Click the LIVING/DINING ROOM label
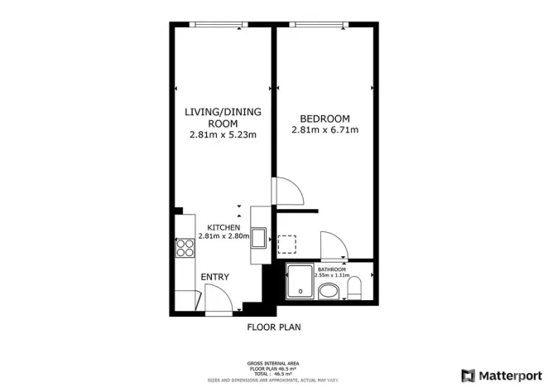click(222, 116)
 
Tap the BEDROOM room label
click(325, 118)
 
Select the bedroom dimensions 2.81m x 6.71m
click(325, 130)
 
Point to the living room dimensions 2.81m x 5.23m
click(222, 134)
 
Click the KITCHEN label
click(223, 227)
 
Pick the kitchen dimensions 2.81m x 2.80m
click(223, 236)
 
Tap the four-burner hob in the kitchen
click(184, 250)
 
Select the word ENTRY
click(214, 277)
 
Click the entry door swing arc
click(215, 296)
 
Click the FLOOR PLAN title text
click(273, 327)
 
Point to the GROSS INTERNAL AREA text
click(273, 363)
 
